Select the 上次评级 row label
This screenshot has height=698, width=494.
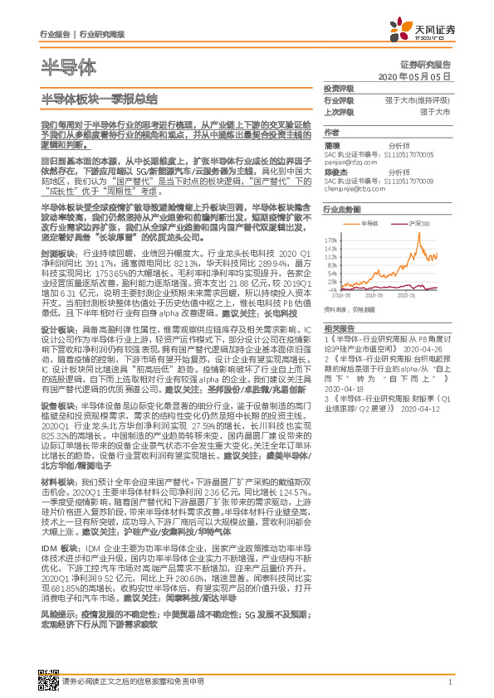[x=338, y=111]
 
